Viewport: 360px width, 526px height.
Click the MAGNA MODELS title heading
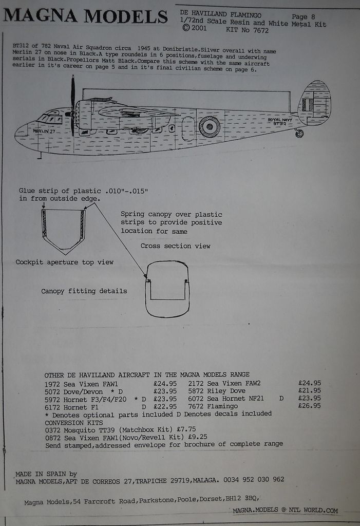(x=86, y=16)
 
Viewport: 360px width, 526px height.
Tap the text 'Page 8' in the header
(x=303, y=16)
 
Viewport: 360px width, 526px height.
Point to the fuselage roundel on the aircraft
(x=210, y=126)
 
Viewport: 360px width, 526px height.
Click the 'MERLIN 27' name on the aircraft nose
(x=44, y=131)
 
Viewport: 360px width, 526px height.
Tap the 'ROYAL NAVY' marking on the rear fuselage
(x=280, y=120)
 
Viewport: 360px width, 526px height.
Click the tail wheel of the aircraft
(x=299, y=134)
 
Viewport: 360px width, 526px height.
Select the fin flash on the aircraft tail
(x=308, y=105)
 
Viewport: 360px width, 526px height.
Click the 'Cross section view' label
(x=176, y=246)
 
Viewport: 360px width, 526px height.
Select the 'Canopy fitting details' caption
(x=84, y=291)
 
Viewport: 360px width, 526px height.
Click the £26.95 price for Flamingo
(x=309, y=406)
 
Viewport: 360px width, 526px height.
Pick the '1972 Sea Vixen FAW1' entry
(x=82, y=383)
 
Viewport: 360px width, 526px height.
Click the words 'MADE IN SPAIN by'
(x=46, y=474)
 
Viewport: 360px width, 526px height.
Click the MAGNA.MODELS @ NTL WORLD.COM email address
(x=285, y=511)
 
